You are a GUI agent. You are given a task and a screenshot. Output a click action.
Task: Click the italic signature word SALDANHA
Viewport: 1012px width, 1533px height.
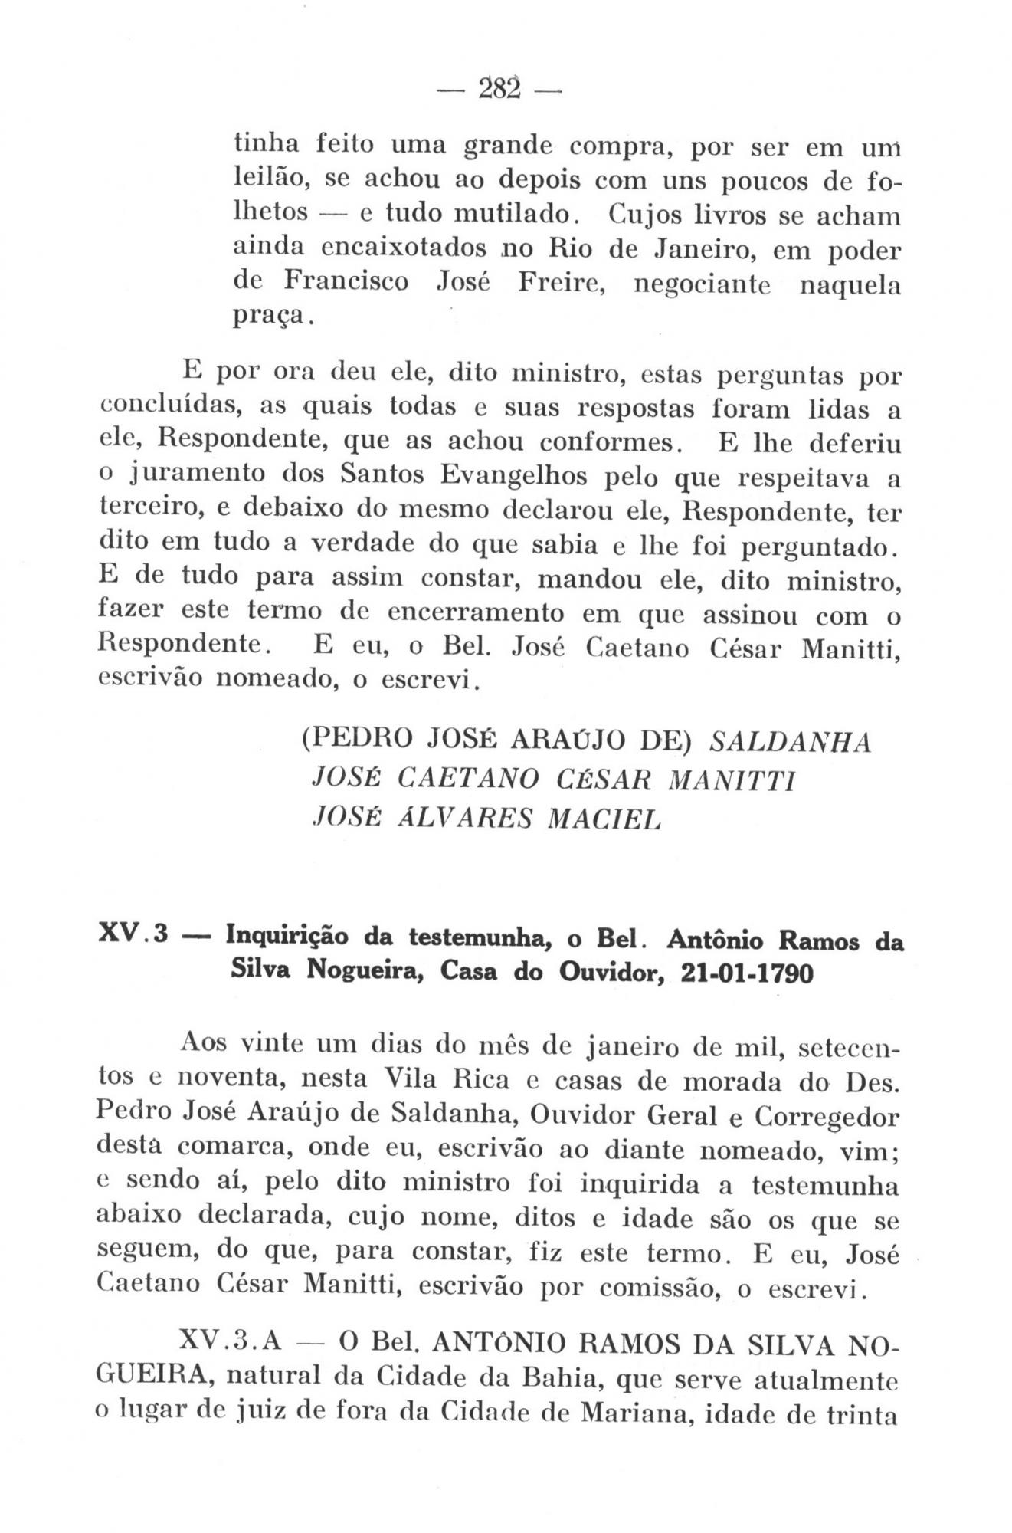coord(791,744)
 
